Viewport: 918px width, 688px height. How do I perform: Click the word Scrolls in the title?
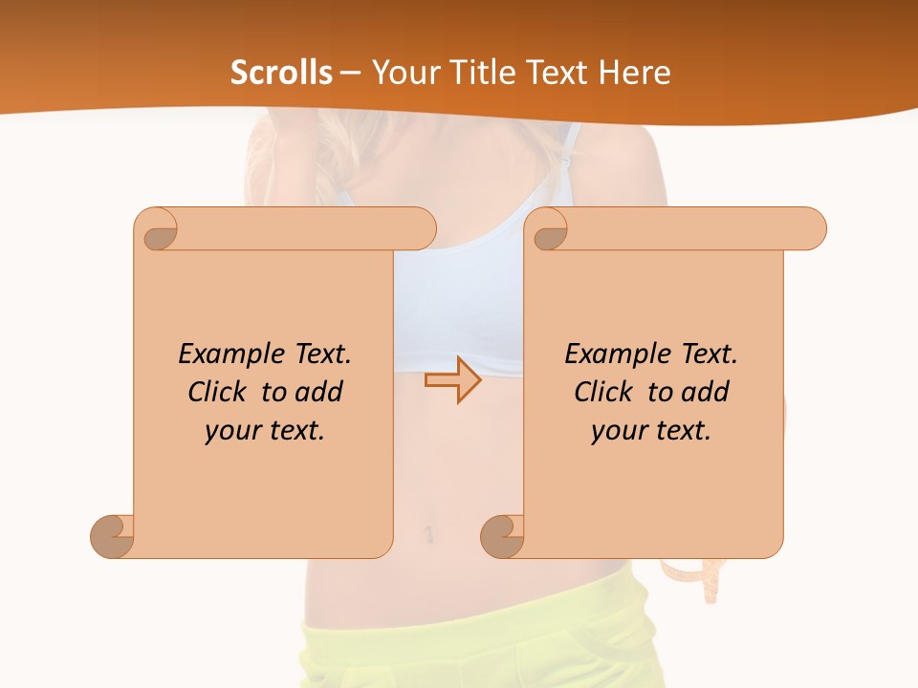[x=282, y=72]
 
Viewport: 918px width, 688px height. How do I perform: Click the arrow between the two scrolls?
[x=452, y=379]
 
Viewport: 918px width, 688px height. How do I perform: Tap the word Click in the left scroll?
[x=221, y=392]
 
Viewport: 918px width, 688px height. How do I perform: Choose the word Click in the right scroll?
[x=607, y=392]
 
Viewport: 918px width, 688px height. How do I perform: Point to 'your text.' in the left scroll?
[x=265, y=430]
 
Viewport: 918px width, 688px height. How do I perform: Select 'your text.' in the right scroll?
[x=651, y=430]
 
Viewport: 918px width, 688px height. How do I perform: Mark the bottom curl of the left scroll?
[x=112, y=536]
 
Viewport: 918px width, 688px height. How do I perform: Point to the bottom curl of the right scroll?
[x=502, y=536]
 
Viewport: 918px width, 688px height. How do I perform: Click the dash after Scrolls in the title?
[x=350, y=73]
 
